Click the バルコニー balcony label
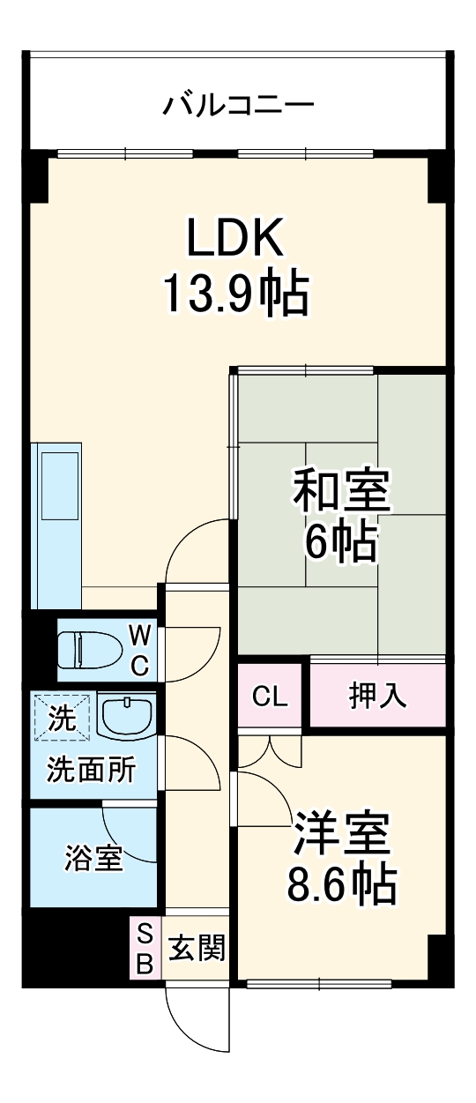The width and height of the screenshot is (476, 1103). click(238, 107)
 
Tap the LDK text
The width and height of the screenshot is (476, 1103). click(234, 237)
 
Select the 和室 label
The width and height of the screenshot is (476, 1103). click(341, 491)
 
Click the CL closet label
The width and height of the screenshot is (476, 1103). click(270, 697)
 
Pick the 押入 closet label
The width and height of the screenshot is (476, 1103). click(377, 697)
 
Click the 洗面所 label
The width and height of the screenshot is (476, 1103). click(92, 771)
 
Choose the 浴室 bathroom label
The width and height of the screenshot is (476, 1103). click(93, 858)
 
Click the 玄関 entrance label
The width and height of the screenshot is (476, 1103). click(197, 949)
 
